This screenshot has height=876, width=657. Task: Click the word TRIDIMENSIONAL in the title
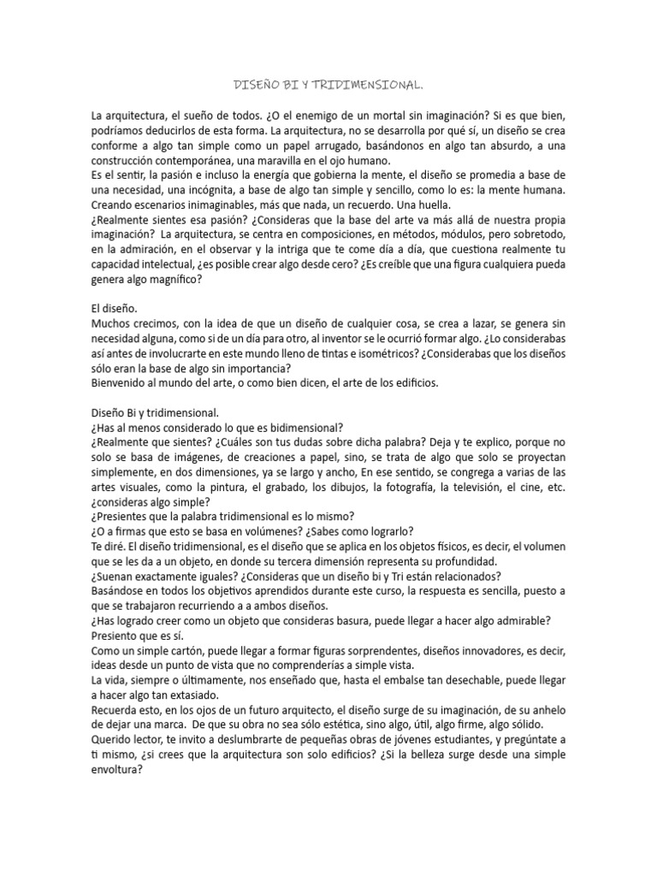(x=372, y=86)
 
